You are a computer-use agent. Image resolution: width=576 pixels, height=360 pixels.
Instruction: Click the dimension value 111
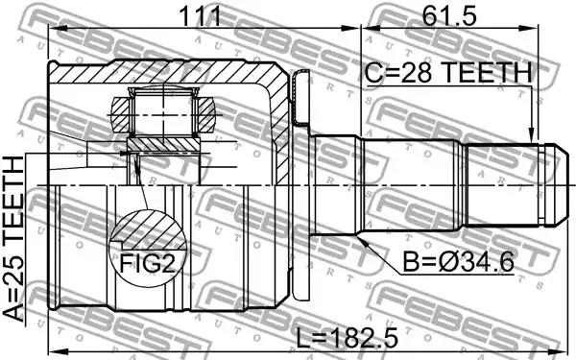click(200, 15)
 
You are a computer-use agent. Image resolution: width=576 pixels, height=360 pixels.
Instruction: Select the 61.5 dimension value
click(449, 15)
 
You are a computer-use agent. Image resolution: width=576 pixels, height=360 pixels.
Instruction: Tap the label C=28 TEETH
click(448, 72)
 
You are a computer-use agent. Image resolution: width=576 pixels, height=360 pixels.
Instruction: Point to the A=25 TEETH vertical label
click(13, 238)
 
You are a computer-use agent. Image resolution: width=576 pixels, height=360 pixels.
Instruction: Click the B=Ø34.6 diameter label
click(458, 262)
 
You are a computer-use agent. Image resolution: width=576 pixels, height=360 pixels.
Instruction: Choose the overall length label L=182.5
click(347, 338)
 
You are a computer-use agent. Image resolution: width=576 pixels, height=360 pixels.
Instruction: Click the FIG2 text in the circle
click(148, 263)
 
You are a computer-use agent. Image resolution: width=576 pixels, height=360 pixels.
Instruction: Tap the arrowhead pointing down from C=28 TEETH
click(531, 135)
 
